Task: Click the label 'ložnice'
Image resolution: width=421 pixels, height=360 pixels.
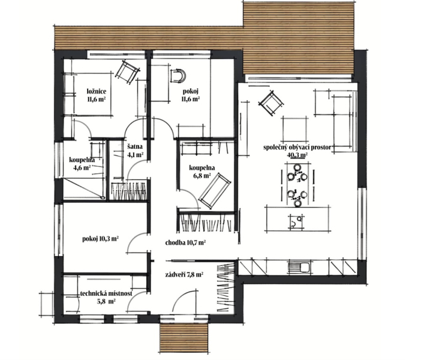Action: coord(97,91)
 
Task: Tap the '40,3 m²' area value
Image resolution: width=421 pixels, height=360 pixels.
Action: coord(297,155)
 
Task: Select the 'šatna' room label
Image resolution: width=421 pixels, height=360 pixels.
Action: coord(135,147)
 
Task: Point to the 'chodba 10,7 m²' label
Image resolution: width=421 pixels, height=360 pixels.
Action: coord(185,243)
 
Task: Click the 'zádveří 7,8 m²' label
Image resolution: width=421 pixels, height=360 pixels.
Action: coord(184,275)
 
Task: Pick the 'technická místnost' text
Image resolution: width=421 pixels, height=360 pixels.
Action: coord(106,293)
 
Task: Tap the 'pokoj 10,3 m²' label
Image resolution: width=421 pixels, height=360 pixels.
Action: coord(101,239)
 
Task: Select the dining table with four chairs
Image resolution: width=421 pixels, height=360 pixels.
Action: coord(297,185)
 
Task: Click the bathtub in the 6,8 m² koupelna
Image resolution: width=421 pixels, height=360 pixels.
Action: coord(215,191)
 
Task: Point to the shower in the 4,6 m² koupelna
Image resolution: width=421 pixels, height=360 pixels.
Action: coord(84,188)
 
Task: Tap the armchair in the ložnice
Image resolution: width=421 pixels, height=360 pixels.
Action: coord(127,72)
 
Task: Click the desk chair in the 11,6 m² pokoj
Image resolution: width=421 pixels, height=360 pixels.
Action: coord(178,75)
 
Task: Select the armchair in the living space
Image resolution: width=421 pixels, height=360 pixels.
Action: coord(271,103)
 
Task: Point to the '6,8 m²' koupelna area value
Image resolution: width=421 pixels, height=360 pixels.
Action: coord(202,176)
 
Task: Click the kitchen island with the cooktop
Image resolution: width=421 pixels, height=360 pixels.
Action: coord(297,218)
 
